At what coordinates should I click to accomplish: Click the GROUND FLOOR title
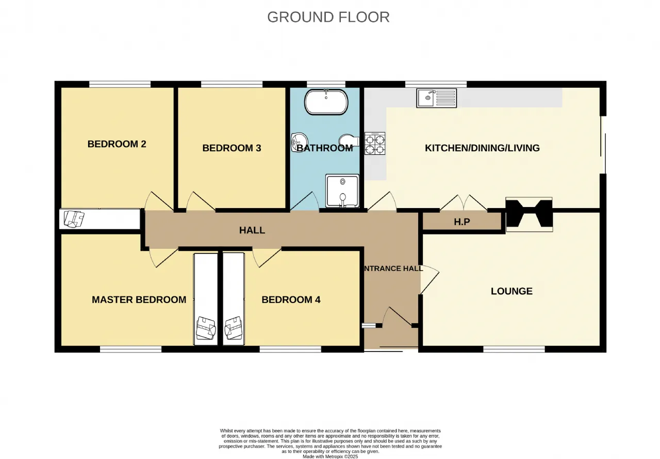328,17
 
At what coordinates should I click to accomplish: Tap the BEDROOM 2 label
117,144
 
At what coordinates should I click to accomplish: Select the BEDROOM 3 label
232,148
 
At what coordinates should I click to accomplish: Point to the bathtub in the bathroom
326,102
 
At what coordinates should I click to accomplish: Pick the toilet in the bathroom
349,141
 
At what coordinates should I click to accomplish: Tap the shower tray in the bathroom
342,191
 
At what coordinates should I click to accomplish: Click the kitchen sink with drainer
436,98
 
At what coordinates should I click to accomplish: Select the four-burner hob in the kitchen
375,144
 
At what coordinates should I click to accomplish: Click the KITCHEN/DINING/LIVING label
482,148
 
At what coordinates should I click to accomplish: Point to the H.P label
461,222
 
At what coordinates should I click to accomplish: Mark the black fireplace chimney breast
529,214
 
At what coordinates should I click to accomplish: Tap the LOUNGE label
511,291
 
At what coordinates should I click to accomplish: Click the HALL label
252,230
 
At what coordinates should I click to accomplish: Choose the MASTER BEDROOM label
139,299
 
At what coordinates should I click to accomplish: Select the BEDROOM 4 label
291,299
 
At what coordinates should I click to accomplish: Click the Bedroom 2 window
120,84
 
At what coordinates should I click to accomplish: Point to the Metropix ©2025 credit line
331,456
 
